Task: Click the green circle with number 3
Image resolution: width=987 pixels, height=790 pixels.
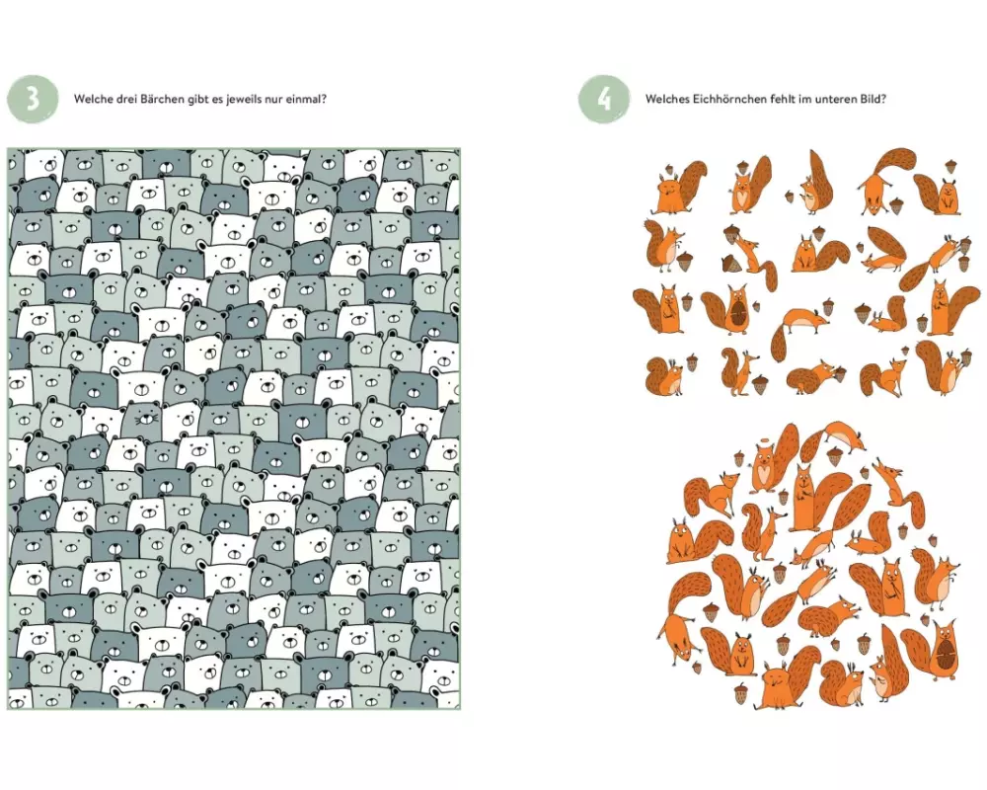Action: tap(33, 99)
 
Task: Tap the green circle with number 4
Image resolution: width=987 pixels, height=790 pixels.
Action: tap(604, 99)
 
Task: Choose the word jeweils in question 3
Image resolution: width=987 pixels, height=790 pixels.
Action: tap(237, 99)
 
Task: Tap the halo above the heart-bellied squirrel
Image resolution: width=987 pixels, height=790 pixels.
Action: tap(765, 448)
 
